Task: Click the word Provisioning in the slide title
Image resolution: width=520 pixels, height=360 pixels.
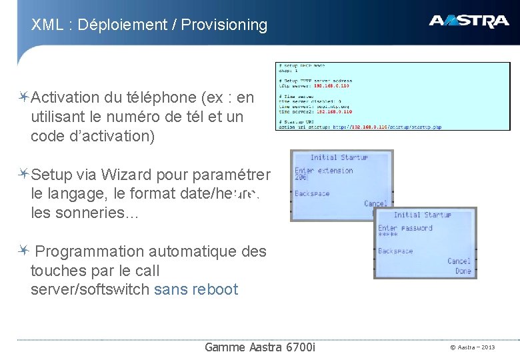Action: (224, 25)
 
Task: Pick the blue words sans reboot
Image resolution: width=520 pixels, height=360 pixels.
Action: (195, 290)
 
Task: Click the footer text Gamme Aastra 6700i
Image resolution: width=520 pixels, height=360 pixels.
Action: (261, 347)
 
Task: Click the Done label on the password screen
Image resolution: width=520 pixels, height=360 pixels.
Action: (463, 271)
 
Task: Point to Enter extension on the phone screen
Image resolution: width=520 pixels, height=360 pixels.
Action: (324, 171)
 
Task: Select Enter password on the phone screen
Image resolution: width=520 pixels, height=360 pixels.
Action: (405, 228)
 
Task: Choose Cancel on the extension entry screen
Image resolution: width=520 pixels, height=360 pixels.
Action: (375, 203)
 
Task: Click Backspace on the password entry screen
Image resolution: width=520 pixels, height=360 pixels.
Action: (395, 251)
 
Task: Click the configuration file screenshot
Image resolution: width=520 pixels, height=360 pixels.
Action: (393, 96)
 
